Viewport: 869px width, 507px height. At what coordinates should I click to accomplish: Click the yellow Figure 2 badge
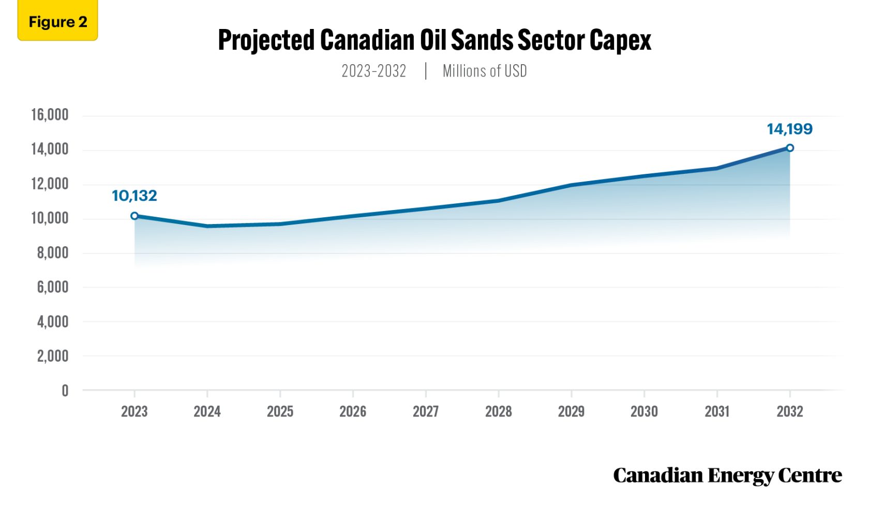click(x=57, y=22)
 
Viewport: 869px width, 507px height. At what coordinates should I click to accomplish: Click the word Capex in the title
click(x=620, y=40)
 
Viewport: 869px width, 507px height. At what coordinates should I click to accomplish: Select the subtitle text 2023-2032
click(x=373, y=71)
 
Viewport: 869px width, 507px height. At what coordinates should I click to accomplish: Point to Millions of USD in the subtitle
click(x=485, y=71)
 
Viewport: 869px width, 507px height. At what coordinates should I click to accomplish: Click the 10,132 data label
click(x=134, y=196)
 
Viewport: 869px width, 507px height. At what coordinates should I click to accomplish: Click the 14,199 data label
click(x=789, y=129)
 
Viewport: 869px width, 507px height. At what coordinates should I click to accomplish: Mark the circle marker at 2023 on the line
click(x=134, y=216)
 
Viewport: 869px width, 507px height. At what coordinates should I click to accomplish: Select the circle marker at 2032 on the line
click(x=790, y=148)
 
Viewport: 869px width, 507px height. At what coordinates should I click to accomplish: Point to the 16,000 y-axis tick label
click(x=50, y=115)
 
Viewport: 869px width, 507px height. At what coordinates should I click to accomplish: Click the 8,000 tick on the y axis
click(x=52, y=253)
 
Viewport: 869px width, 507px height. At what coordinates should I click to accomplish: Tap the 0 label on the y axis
click(x=65, y=391)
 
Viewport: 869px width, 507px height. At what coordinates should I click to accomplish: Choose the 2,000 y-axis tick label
click(x=52, y=356)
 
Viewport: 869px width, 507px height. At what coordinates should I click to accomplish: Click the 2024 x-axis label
click(x=207, y=412)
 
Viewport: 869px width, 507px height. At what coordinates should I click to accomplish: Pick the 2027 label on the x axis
click(x=425, y=412)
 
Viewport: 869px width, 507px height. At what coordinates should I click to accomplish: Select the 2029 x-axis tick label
click(x=571, y=412)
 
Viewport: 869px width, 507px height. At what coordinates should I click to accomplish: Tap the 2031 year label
click(x=716, y=412)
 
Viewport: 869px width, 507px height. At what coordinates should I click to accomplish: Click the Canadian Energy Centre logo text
click(x=727, y=475)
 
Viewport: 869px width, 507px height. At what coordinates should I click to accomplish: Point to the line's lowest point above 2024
click(x=207, y=226)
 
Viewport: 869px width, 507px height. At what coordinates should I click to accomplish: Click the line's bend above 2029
click(x=571, y=185)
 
